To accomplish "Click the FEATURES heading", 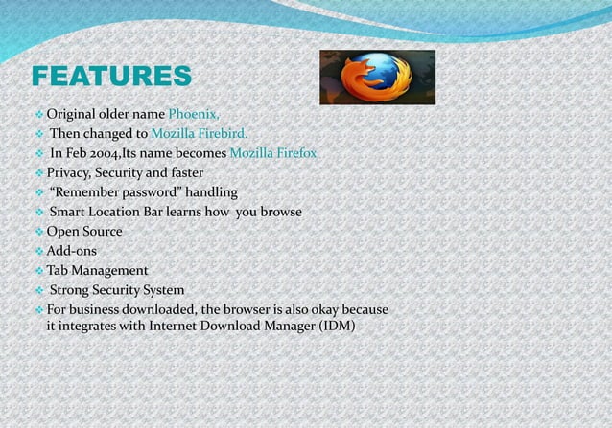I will (x=110, y=77).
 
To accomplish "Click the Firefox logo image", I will (x=377, y=77).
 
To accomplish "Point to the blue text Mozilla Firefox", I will (x=272, y=153).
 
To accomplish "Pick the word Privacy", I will (x=71, y=173).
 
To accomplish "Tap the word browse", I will (x=280, y=212).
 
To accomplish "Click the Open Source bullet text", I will (x=84, y=232).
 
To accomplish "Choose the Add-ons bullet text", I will (x=72, y=251).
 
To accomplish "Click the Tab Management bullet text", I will (x=97, y=270).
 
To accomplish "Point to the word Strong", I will (x=71, y=289).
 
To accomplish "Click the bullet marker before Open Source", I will (x=38, y=232).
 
